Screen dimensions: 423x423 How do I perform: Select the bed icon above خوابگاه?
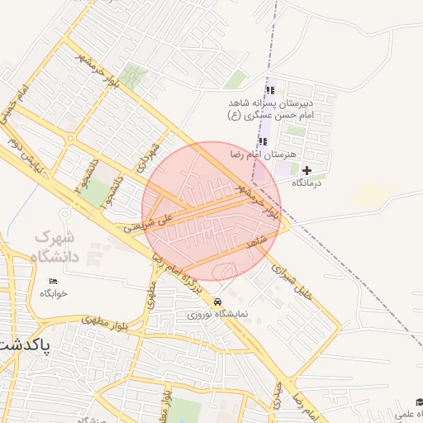point(54,282)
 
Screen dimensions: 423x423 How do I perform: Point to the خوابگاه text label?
point(54,293)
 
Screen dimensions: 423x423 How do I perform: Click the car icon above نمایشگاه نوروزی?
point(216,302)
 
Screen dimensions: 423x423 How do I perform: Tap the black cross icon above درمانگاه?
point(307,170)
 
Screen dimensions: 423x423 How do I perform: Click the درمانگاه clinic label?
point(307,183)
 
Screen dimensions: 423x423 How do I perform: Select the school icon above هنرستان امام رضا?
point(263,141)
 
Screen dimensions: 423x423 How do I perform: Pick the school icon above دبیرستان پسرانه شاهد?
point(269,91)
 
